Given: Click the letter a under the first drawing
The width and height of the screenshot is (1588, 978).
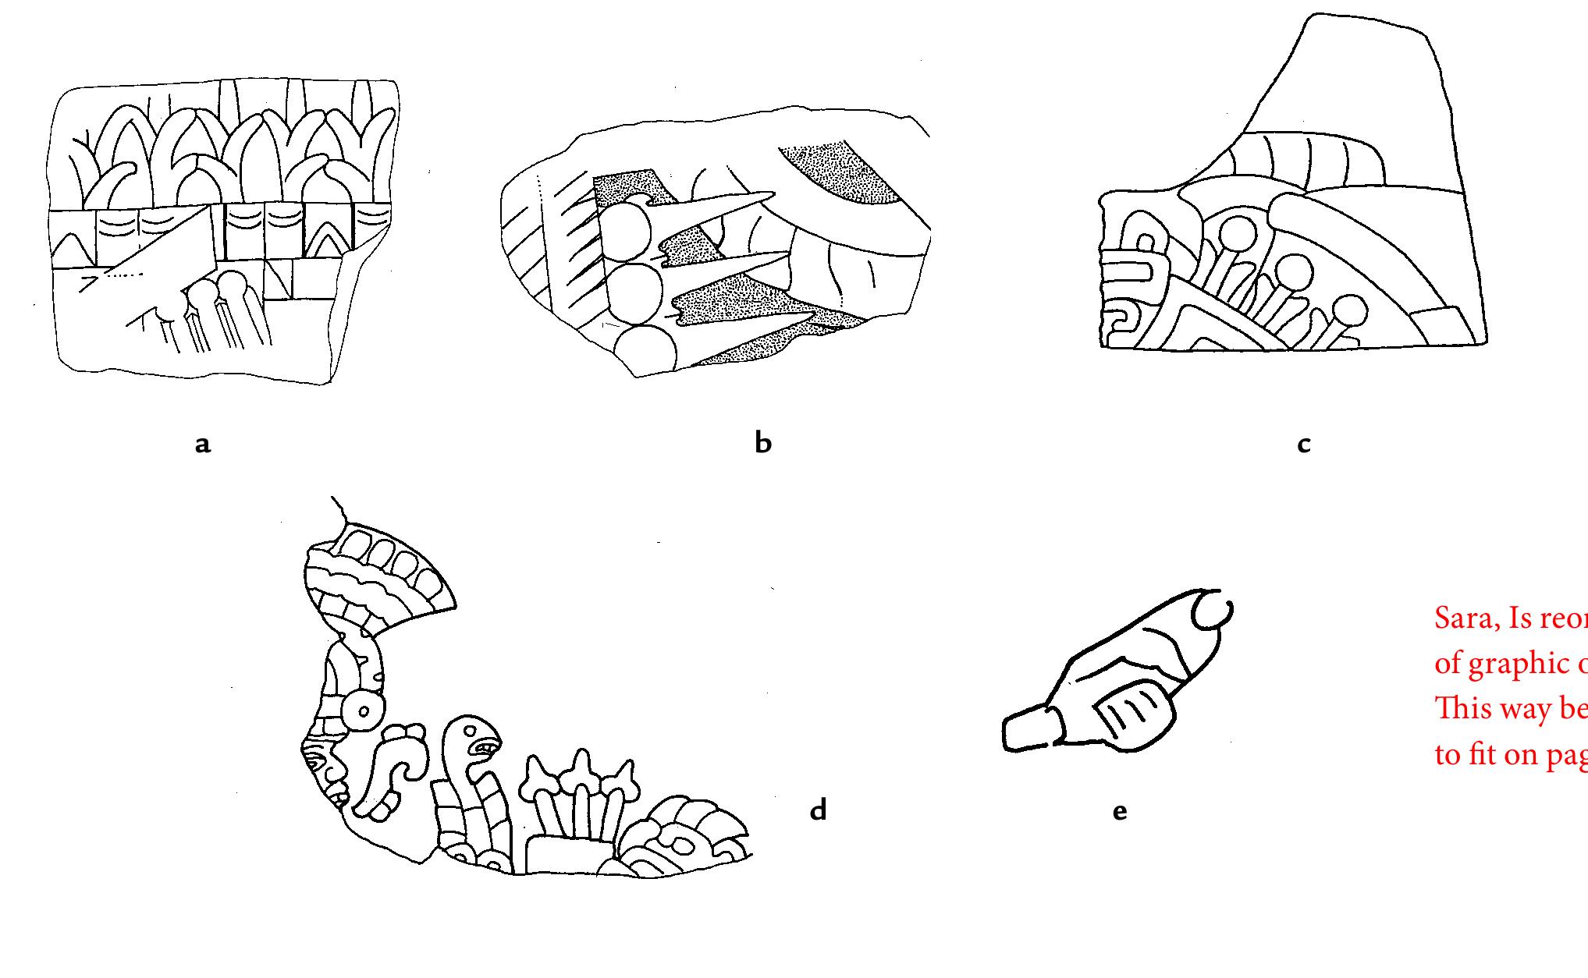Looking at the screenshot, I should pos(203,445).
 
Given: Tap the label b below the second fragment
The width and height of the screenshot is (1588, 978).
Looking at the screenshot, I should pos(763,442).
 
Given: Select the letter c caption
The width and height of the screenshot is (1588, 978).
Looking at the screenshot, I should pos(1303,445).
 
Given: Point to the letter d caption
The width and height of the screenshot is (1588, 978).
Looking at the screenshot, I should pos(817,810).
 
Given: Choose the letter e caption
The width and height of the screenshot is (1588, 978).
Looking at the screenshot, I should pos(1119,812).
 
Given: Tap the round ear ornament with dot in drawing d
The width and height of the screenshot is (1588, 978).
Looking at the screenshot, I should pos(364,710).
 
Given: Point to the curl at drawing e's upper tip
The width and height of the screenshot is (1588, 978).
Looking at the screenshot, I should pos(1212,611).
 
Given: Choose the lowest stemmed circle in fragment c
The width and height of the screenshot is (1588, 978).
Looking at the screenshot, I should pos(1350,311).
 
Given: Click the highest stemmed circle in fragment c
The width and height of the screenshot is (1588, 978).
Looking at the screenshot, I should pos(1238,233).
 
